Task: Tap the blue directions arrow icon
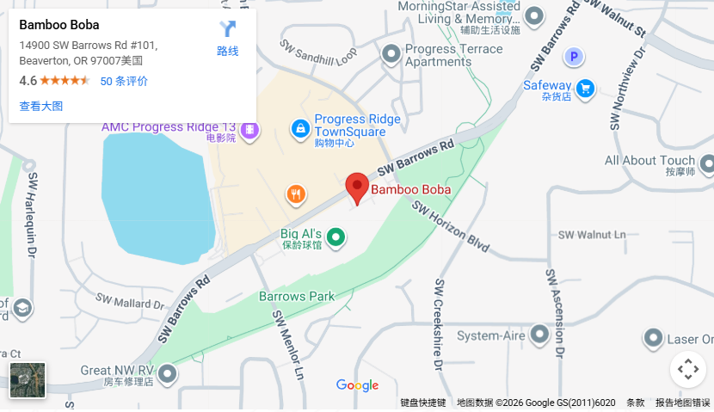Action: click(227, 30)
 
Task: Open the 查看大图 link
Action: click(41, 106)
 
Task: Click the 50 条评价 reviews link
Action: click(124, 81)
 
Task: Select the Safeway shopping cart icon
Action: click(585, 87)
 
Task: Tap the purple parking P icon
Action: click(574, 58)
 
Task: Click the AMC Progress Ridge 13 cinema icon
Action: click(249, 130)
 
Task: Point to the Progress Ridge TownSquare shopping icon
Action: click(300, 129)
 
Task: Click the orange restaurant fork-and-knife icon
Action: click(296, 194)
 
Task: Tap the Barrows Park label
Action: click(297, 297)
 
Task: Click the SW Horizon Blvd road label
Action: click(449, 228)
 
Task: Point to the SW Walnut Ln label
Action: click(592, 235)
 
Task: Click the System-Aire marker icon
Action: click(539, 334)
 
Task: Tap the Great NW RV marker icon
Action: click(167, 373)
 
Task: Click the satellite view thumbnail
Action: click(28, 380)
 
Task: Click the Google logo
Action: click(357, 385)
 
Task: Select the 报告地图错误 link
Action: click(682, 403)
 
